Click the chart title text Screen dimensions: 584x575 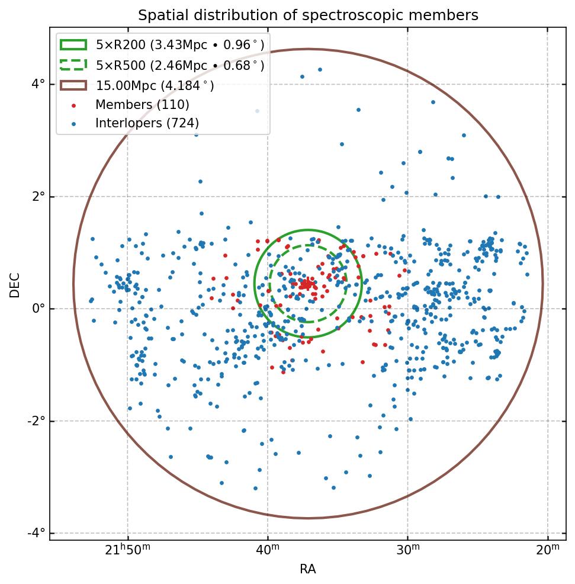[308, 15]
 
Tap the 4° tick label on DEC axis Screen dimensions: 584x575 [38, 84]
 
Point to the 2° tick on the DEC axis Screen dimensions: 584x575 [38, 197]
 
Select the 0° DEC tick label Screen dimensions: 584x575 [38, 309]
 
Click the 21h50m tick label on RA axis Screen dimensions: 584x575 [127, 551]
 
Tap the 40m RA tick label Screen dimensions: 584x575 [268, 551]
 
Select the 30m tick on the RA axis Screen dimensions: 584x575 [407, 551]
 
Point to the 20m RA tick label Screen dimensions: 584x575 [548, 551]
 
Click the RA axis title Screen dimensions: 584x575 [308, 569]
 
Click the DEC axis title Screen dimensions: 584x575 [15, 284]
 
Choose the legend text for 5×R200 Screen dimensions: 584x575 [180, 45]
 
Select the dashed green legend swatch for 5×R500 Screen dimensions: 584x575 [73, 65]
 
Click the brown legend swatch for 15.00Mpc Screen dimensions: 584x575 [73, 85]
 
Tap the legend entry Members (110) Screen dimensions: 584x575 [142, 105]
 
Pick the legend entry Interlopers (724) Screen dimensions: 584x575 [147, 123]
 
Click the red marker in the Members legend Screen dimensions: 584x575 [73, 105]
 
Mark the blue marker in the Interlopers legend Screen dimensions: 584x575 [73, 124]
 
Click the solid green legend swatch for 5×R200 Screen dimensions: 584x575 [73, 45]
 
